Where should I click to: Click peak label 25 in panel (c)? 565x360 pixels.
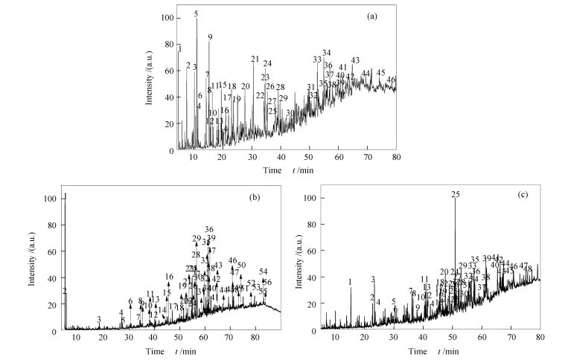click(456, 195)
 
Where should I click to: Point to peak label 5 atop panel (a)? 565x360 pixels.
click(197, 14)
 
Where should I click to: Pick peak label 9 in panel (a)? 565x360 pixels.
click(210, 37)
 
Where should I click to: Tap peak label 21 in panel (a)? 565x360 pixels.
click(255, 60)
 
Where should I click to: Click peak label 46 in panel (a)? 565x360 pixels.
click(392, 80)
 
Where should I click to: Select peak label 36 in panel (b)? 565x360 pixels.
click(209, 230)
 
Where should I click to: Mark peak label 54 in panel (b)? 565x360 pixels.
click(263, 271)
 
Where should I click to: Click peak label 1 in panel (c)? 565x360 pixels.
click(350, 282)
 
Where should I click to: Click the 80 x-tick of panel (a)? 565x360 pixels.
click(396, 158)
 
